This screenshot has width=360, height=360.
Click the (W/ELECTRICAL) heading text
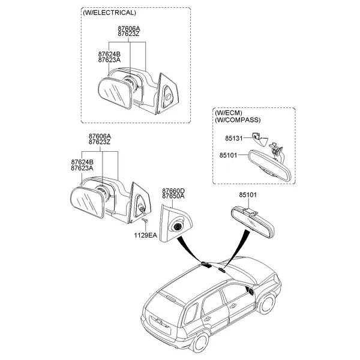coord(109,13)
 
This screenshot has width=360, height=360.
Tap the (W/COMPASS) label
coord(238,120)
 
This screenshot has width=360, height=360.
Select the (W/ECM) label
coord(229,113)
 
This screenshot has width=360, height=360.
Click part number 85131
coord(234,138)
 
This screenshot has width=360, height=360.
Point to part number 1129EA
coord(146,235)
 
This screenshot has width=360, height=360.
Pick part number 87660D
coord(173,191)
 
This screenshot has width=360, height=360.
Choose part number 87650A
coord(173,196)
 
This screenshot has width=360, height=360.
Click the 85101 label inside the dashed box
coord(228,155)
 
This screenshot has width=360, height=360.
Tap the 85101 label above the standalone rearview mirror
coord(248,194)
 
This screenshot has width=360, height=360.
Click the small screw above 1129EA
coord(145,221)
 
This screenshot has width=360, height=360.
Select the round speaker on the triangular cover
coord(178,227)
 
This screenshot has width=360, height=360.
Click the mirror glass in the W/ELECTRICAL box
coord(114,93)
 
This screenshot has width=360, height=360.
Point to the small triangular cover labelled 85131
coord(259,139)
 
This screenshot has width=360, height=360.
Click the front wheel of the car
coord(267,304)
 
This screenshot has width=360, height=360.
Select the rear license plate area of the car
coord(160,325)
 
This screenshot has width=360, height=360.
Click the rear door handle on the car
coord(207,319)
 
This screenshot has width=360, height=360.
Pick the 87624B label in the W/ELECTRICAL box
coord(109,55)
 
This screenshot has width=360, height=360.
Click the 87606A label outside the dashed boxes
coord(100,136)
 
